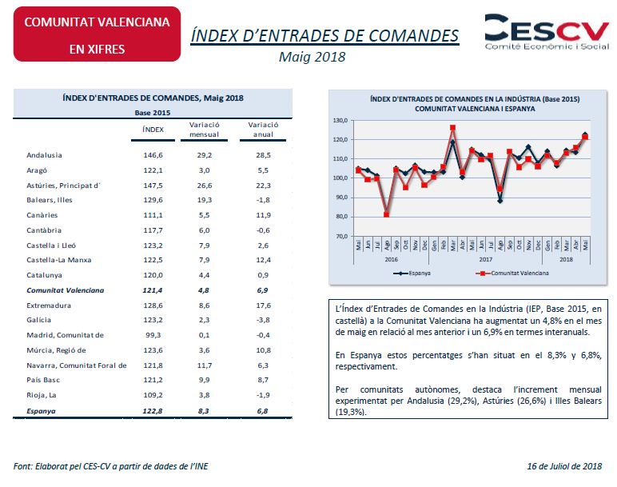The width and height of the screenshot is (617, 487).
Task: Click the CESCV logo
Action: [547, 32]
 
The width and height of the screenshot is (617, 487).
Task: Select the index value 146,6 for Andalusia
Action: [153, 155]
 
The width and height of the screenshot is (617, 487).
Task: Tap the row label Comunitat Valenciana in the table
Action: [66, 290]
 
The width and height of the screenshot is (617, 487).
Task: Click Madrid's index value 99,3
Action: [153, 335]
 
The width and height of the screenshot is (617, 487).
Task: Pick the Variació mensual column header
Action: [205, 130]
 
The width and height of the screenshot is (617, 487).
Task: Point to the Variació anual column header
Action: [263, 130]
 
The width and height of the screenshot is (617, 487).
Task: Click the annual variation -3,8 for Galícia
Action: [263, 320]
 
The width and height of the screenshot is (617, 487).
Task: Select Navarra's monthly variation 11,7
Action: [205, 365]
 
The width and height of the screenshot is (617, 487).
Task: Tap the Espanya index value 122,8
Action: [153, 411]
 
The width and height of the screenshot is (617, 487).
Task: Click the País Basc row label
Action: [43, 380]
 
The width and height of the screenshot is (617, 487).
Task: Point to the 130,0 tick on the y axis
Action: [340, 121]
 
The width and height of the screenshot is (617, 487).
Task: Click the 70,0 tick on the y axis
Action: [341, 236]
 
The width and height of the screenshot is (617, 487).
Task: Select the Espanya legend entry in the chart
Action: [412, 273]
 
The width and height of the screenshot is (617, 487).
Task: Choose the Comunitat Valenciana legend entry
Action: [512, 273]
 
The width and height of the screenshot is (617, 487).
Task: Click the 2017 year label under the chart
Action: [486, 259]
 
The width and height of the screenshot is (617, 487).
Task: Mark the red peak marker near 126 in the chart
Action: [452, 128]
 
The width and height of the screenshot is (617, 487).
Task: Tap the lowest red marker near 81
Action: [386, 214]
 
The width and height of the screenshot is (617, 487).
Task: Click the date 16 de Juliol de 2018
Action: [564, 466]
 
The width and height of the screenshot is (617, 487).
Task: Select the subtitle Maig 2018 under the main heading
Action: [312, 57]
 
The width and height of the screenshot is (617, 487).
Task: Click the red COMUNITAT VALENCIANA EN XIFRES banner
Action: [97, 34]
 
